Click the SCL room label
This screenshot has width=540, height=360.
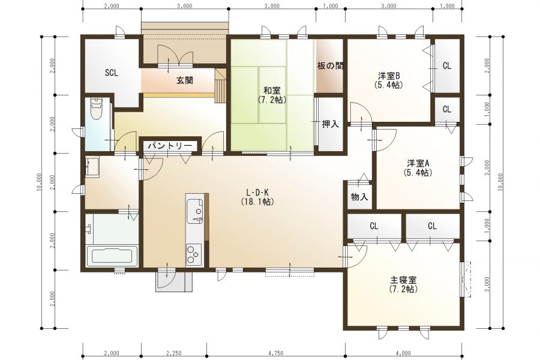pyautogui.click(x=112, y=73)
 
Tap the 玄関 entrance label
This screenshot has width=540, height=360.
pyautogui.click(x=184, y=80)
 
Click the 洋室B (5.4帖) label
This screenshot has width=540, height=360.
pyautogui.click(x=389, y=80)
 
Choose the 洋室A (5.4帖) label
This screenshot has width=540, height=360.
pyautogui.click(x=418, y=167)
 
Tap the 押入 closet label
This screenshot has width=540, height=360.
pyautogui.click(x=330, y=124)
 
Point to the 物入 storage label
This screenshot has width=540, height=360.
pyautogui.click(x=359, y=197)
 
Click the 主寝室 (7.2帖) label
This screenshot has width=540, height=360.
pyautogui.click(x=403, y=284)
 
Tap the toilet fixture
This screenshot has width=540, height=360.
pyautogui.click(x=97, y=109)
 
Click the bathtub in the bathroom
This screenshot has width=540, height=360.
pyautogui.click(x=113, y=257)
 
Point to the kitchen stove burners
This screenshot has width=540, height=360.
pyautogui.click(x=194, y=253)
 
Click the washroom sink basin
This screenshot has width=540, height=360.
pyautogui.click(x=92, y=166)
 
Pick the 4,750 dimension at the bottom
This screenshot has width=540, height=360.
pyautogui.click(x=276, y=353)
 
